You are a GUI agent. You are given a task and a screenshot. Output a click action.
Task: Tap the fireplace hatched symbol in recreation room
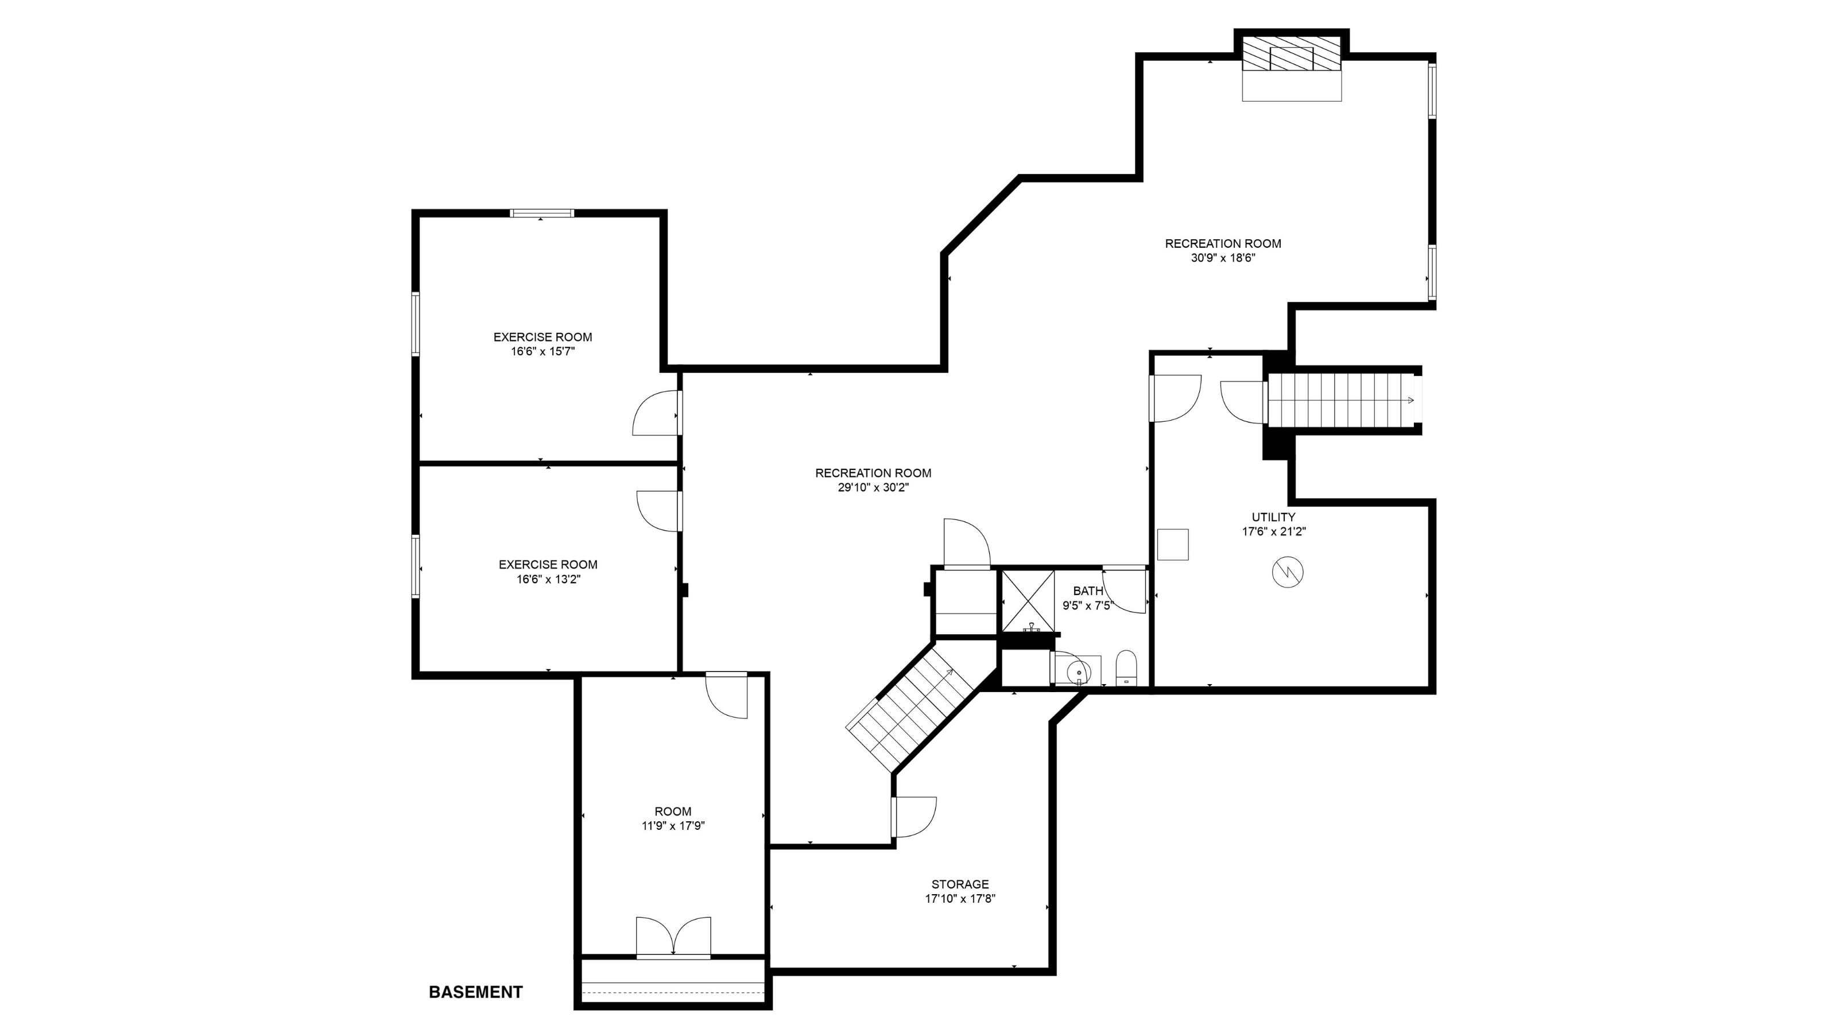click(1292, 53)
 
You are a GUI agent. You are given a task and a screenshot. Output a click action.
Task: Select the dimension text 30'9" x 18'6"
click(1222, 258)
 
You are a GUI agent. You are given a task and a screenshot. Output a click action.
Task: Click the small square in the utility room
click(1172, 544)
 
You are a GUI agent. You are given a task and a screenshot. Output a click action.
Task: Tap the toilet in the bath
click(1126, 668)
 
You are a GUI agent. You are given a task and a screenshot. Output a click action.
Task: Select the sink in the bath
click(1077, 671)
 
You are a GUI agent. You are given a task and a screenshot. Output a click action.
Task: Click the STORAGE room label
click(959, 884)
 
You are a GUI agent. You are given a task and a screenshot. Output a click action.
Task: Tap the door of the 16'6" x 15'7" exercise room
click(656, 413)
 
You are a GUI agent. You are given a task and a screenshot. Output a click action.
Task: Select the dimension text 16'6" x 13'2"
click(548, 580)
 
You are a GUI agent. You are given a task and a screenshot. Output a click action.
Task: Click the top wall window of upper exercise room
click(542, 212)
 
